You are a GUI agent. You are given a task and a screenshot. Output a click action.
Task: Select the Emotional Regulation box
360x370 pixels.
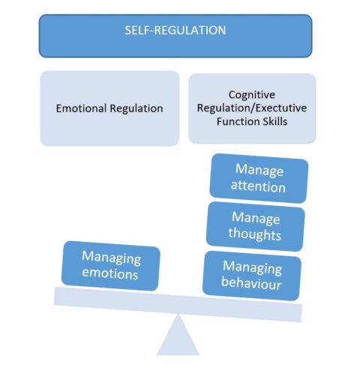tap(109, 108)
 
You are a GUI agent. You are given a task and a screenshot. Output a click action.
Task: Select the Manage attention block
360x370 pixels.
tap(259, 178)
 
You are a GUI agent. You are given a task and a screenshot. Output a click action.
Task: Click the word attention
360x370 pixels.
tap(259, 186)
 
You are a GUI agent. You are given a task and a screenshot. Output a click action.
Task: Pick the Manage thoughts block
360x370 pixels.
tap(256, 225)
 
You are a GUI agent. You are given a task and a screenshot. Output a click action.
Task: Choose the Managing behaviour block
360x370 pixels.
tap(252, 275)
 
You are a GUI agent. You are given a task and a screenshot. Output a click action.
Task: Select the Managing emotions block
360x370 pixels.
tap(111, 266)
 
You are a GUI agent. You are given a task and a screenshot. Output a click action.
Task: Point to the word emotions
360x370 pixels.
tap(111, 274)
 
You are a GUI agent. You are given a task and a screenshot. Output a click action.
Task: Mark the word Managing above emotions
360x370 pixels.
tap(112, 258)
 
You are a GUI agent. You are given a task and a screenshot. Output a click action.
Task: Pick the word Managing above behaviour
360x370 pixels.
tap(253, 267)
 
